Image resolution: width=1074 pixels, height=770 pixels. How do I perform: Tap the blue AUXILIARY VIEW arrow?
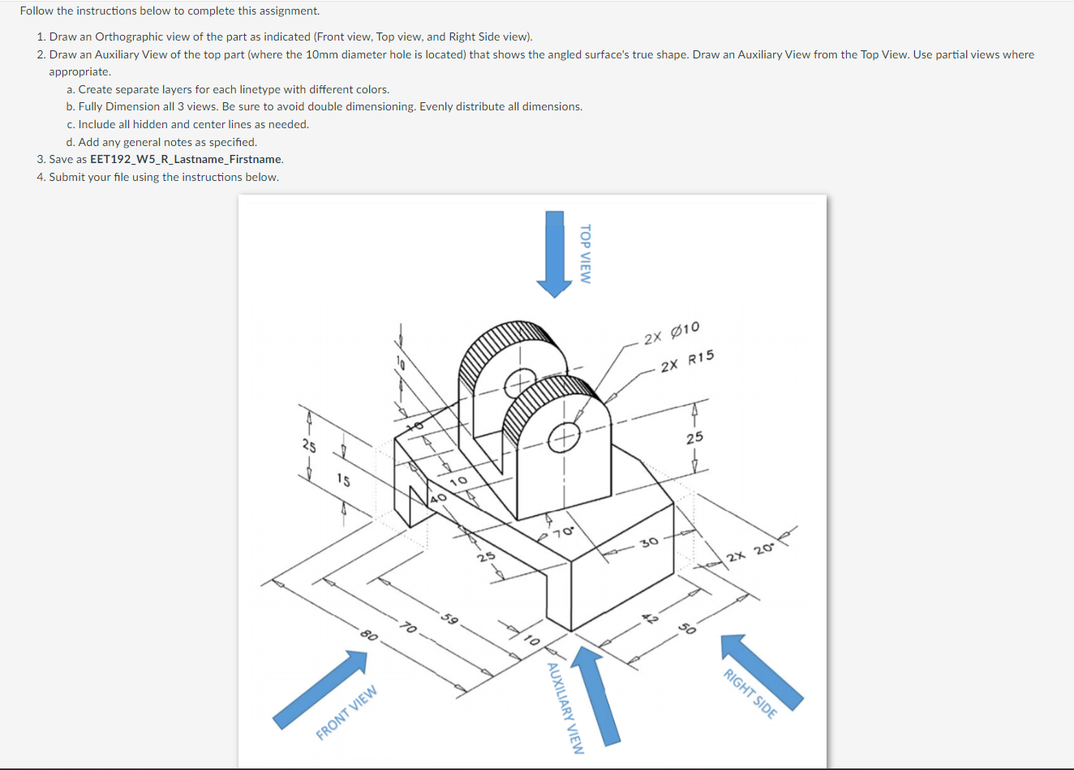click(596, 694)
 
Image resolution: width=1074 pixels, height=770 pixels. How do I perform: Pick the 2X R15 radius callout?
click(687, 361)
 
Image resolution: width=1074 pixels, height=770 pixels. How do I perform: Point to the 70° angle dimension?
click(564, 532)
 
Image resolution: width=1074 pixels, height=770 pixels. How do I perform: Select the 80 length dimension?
click(368, 634)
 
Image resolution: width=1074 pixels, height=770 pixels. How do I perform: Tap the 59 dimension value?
click(449, 620)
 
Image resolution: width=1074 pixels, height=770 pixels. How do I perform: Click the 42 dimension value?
click(649, 618)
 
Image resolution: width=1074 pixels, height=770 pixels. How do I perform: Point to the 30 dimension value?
click(650, 542)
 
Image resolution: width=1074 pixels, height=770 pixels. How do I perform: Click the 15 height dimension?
click(343, 480)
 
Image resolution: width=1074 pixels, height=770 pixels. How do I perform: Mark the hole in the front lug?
click(563, 439)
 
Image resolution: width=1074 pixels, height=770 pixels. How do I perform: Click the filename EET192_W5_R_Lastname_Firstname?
click(187, 160)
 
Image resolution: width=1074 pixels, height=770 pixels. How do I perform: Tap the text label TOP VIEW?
click(585, 253)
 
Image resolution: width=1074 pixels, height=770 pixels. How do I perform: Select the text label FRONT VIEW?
click(346, 712)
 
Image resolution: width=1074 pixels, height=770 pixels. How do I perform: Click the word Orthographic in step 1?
click(127, 37)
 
